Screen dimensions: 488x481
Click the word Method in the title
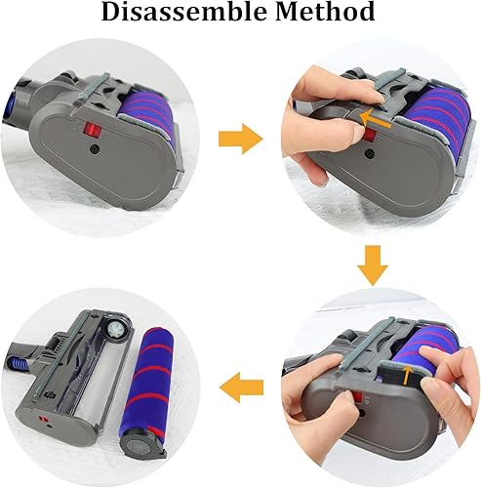pos(328,15)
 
